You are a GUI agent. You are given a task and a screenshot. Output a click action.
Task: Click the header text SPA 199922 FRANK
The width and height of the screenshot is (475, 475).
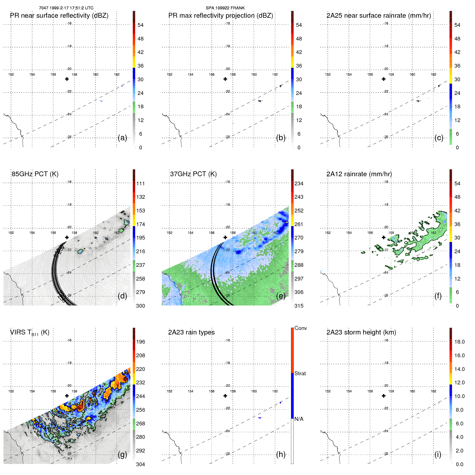[x=225, y=8]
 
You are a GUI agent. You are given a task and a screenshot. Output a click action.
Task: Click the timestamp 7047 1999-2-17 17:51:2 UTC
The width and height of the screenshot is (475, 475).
[x=66, y=8]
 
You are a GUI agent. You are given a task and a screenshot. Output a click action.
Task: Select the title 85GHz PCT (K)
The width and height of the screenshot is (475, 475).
[x=35, y=174]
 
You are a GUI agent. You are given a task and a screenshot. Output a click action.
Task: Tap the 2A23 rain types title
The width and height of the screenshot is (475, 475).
[x=191, y=332]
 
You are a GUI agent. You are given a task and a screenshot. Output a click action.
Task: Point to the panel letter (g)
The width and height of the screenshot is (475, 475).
[x=122, y=454]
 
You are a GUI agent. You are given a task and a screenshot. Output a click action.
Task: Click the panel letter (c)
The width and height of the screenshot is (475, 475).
[x=439, y=138]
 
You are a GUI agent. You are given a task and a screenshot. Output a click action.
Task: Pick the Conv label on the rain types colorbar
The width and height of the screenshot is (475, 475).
[x=300, y=328]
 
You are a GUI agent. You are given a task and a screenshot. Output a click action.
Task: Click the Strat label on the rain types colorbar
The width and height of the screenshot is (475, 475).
[x=300, y=373]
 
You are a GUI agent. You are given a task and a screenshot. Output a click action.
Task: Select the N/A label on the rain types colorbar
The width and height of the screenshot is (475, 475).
[x=299, y=419]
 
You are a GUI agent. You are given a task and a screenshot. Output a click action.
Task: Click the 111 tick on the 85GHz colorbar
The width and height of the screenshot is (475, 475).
[x=140, y=183]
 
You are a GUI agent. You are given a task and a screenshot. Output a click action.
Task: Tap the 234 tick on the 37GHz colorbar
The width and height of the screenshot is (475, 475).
[x=299, y=183]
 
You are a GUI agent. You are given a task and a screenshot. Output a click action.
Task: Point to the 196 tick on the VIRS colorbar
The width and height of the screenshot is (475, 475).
[x=140, y=342]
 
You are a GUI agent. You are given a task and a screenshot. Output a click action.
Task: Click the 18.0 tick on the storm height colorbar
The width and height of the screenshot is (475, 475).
[x=459, y=342]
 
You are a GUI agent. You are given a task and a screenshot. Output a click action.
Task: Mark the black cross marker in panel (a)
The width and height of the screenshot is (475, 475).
[x=67, y=79]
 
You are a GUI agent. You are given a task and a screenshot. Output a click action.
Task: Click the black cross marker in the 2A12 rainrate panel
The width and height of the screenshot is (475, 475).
[x=384, y=237]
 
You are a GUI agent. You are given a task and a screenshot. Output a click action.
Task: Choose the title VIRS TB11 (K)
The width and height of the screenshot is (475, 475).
[x=30, y=333]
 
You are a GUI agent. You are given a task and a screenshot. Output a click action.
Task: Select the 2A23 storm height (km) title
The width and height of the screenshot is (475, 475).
[x=361, y=332]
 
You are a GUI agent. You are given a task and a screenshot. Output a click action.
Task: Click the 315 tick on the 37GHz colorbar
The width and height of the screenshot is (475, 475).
[x=299, y=306]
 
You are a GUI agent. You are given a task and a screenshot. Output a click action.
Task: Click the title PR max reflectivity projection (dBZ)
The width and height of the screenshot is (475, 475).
[x=220, y=16]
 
